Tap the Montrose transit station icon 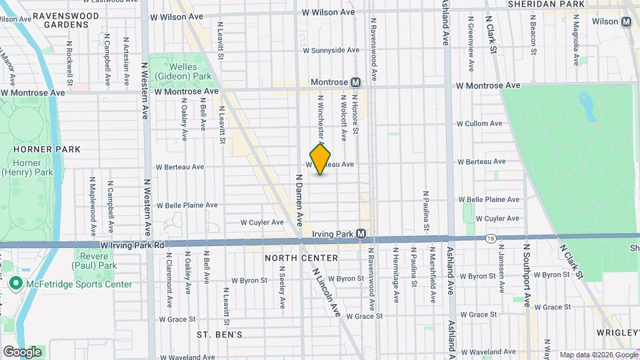[356, 82]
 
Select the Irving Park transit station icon [361, 233]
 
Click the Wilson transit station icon [626, 21]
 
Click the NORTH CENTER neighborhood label [301, 258]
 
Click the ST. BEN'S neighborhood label [219, 333]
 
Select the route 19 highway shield [491, 238]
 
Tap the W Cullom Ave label [479, 123]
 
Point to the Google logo [22, 352]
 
